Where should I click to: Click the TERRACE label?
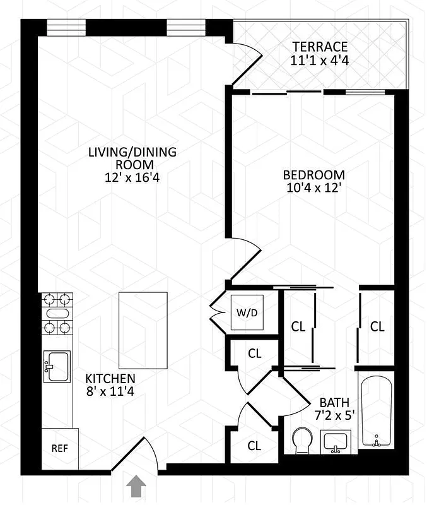pos(320,47)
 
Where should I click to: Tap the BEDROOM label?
pos(313,175)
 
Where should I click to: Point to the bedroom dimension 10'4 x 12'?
pos(313,188)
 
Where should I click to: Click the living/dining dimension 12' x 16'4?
pos(132,178)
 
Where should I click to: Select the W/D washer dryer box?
pos(245,313)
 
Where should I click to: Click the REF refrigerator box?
pos(59,449)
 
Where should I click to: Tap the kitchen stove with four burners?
pos(57,314)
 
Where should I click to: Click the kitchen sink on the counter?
pos(57,367)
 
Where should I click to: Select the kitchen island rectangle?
pos(143,330)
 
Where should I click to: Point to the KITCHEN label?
pos(110,379)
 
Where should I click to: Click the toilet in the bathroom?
pos(303,439)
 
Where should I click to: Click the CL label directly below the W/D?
pos(254,354)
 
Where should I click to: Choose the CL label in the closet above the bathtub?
pos(377,326)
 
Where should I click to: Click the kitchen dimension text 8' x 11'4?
pos(110,391)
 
